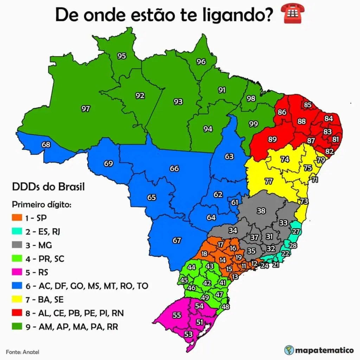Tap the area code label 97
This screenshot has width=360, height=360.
tap(85, 109)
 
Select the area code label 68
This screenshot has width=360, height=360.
tap(46, 144)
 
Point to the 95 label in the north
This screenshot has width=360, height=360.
tap(122, 56)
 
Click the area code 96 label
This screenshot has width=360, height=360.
tap(201, 62)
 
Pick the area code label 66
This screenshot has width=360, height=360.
tap(174, 168)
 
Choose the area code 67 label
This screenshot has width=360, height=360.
tap(176, 240)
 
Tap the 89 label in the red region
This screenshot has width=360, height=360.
tap(272, 139)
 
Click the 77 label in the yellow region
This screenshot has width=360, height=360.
tap(269, 181)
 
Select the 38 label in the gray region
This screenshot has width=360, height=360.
tap(261, 211)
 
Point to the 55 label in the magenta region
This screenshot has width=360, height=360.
tap(177, 315)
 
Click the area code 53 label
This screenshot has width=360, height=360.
tap(188, 334)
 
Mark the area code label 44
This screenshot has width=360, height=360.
tap(191, 267)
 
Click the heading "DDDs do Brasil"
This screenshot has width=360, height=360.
tap(48, 186)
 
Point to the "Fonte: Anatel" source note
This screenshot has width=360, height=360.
tap(22, 352)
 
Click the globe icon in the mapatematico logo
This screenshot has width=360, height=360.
tap(289, 350)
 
